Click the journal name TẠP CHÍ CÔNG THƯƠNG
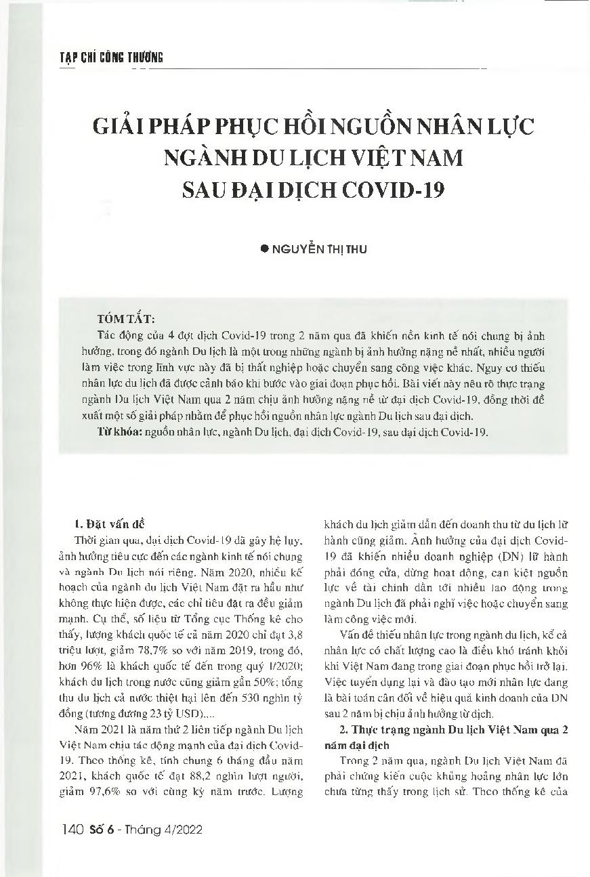point(106,58)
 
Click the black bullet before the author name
point(265,249)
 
